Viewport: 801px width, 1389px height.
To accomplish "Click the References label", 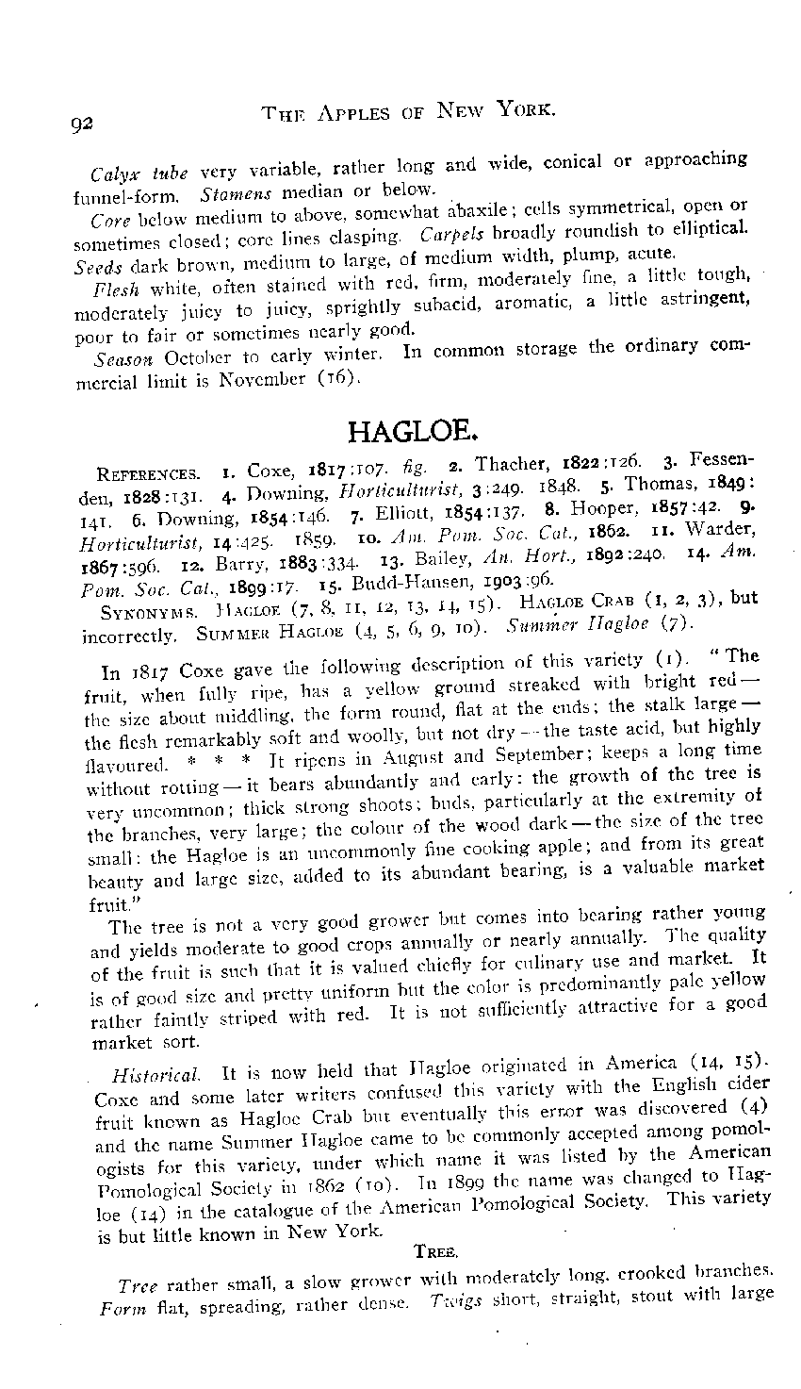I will (148, 472).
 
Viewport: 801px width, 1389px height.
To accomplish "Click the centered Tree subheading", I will (436, 1251).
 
